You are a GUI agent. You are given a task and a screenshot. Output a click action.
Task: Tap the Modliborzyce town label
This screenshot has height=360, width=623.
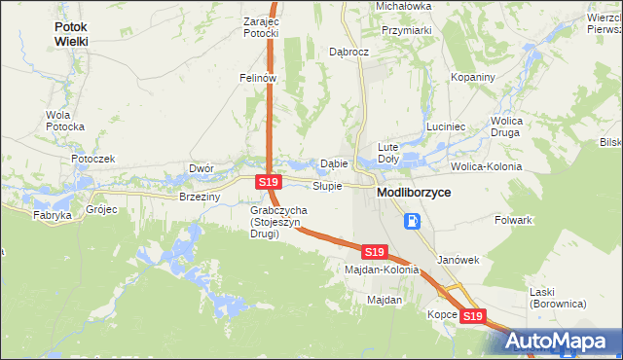[x=414, y=194]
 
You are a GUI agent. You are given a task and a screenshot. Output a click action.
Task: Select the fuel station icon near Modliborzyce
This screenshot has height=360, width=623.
[x=414, y=221]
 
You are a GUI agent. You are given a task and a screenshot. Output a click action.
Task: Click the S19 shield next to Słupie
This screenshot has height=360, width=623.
[x=270, y=182]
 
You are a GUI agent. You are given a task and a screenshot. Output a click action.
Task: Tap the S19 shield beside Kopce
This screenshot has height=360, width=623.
[x=472, y=316]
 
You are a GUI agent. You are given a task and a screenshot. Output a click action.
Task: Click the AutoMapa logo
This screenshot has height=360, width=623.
[x=558, y=341]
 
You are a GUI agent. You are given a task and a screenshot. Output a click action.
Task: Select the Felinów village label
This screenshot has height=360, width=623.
[x=259, y=77]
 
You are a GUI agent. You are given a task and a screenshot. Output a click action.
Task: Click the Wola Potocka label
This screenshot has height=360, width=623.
[x=65, y=121]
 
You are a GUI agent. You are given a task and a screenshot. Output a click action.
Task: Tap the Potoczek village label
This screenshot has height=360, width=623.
[x=92, y=159]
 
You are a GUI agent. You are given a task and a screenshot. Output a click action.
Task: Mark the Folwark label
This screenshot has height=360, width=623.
[x=513, y=220]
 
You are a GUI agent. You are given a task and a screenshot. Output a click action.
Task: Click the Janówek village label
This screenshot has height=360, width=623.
[x=459, y=260]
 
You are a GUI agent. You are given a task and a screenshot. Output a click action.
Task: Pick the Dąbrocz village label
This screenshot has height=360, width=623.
[x=348, y=51]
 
